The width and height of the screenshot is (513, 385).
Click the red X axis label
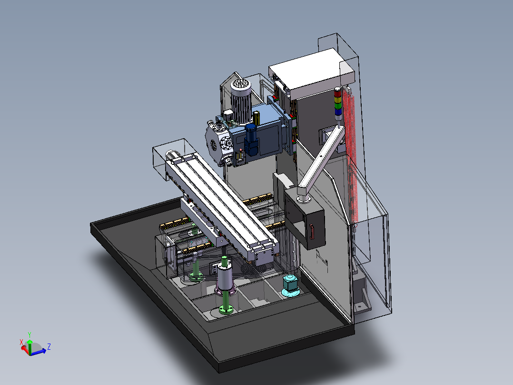click(x=21, y=342)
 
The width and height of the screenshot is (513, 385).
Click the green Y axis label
click(x=30, y=334)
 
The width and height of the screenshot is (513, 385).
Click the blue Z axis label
click(x=49, y=346)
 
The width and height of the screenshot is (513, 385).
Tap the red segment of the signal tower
click(x=337, y=94)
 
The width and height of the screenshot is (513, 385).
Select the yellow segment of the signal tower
click(x=338, y=100)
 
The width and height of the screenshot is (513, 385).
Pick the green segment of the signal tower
click(x=338, y=105)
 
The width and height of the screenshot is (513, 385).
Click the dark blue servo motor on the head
click(x=251, y=139)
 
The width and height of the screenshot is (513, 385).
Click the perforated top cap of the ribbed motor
click(x=241, y=84)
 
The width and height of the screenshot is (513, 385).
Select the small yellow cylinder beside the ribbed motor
click(x=256, y=118)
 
